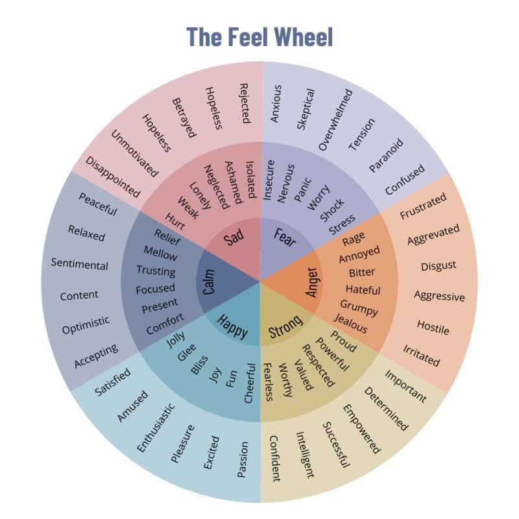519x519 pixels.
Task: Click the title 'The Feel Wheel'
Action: click(x=259, y=36)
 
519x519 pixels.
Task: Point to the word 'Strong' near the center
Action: click(x=285, y=327)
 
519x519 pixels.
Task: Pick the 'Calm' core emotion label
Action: click(x=209, y=282)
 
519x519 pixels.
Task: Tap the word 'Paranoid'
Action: click(x=386, y=155)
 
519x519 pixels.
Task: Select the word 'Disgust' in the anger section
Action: click(x=438, y=265)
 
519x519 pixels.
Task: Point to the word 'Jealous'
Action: click(x=351, y=322)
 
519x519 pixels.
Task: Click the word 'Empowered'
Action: click(x=361, y=428)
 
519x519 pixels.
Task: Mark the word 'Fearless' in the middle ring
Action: click(x=268, y=382)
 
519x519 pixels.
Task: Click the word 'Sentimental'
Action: click(x=80, y=265)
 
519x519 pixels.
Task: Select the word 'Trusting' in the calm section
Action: click(x=156, y=271)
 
